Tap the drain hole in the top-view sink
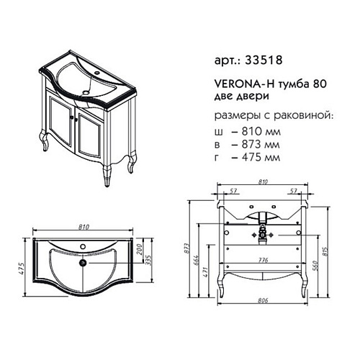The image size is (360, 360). click(x=86, y=264)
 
